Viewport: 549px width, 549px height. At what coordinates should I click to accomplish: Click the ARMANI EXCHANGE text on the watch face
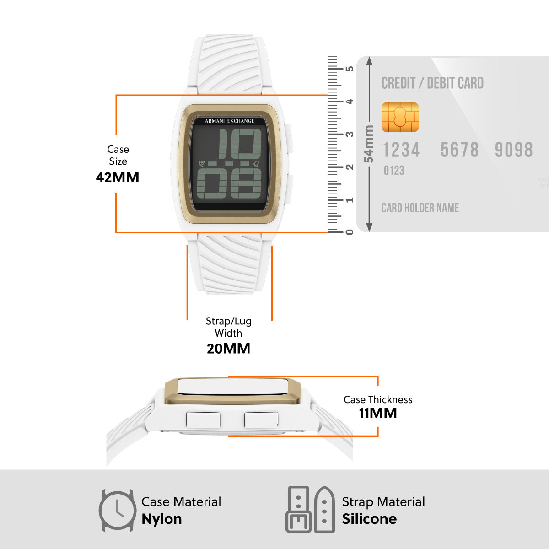[230, 121]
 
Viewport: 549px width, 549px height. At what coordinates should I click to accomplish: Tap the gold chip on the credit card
[400, 117]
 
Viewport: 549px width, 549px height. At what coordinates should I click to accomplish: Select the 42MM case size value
[118, 177]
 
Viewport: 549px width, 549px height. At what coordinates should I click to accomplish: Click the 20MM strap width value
[228, 349]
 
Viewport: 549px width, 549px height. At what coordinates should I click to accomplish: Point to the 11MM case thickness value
[378, 413]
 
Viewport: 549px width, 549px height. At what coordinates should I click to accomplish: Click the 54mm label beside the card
[369, 144]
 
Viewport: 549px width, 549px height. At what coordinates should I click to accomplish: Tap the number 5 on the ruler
[349, 69]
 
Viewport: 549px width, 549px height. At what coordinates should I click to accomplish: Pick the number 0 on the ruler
[349, 232]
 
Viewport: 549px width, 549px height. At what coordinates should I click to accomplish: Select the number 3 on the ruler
[349, 134]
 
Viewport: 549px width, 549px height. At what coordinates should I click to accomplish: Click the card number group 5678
[459, 150]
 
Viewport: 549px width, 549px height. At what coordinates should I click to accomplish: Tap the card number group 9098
[514, 150]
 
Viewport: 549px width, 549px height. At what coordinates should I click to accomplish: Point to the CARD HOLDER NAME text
[420, 208]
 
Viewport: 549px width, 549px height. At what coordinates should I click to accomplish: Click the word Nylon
[161, 519]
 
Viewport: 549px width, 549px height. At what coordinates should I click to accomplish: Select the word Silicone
[369, 519]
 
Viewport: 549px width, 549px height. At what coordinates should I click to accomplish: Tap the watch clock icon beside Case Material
[118, 511]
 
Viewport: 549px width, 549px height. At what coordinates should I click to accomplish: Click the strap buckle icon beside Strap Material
[310, 509]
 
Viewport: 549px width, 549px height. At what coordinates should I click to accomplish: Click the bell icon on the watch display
[256, 163]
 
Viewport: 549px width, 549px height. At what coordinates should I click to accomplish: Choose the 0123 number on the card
[394, 171]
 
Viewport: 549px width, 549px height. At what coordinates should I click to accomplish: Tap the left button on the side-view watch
[203, 420]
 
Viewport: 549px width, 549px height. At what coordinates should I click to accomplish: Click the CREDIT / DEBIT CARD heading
[432, 83]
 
